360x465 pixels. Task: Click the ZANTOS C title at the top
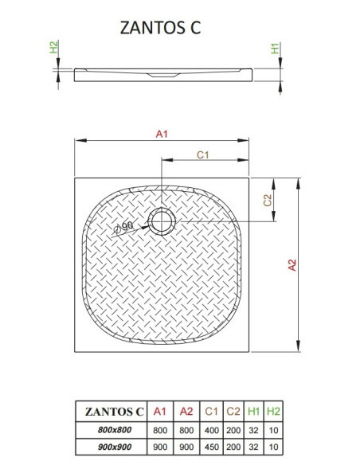[160, 28]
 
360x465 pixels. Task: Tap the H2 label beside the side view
[53, 47]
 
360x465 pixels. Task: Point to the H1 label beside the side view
[276, 49]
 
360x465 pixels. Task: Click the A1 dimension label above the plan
[162, 134]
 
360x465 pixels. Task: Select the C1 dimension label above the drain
[203, 154]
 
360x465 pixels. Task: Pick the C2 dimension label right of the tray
[268, 200]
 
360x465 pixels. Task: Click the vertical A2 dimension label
[292, 265]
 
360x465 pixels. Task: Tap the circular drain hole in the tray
[162, 221]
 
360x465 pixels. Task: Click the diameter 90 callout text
[124, 227]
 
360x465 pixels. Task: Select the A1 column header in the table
[159, 412]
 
